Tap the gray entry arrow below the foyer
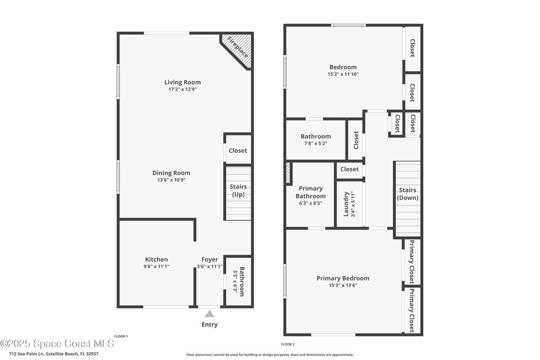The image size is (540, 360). [209, 314]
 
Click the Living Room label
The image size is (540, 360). [182, 82]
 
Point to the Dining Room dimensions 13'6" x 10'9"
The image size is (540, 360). [171, 180]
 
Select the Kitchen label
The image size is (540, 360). [156, 259]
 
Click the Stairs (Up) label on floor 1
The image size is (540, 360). [238, 190]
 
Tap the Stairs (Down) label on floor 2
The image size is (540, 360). [408, 194]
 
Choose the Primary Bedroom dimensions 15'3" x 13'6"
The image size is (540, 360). [343, 285]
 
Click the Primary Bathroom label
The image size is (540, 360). [311, 192]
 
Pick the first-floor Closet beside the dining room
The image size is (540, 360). [238, 151]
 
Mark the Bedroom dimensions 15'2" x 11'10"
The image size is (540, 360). [343, 74]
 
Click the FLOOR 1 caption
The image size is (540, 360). [121, 336]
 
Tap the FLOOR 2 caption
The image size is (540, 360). [287, 344]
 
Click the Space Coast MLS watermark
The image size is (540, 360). [57, 344]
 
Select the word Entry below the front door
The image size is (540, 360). [210, 325]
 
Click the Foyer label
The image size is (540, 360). [210, 259]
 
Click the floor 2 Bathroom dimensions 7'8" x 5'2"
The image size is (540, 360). [315, 143]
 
